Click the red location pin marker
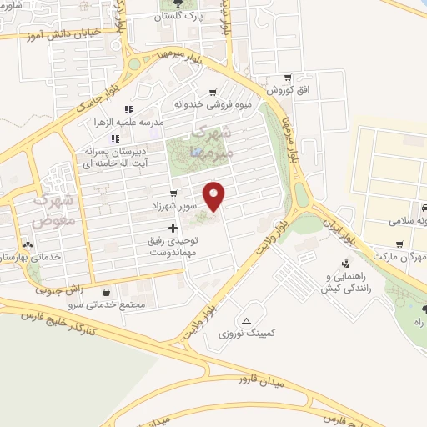(215, 196)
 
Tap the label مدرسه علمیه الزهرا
(128, 122)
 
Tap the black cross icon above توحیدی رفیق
(173, 228)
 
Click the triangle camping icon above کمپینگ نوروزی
(246, 321)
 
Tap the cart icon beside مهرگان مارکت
(399, 245)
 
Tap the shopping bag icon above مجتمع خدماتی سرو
(108, 292)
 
